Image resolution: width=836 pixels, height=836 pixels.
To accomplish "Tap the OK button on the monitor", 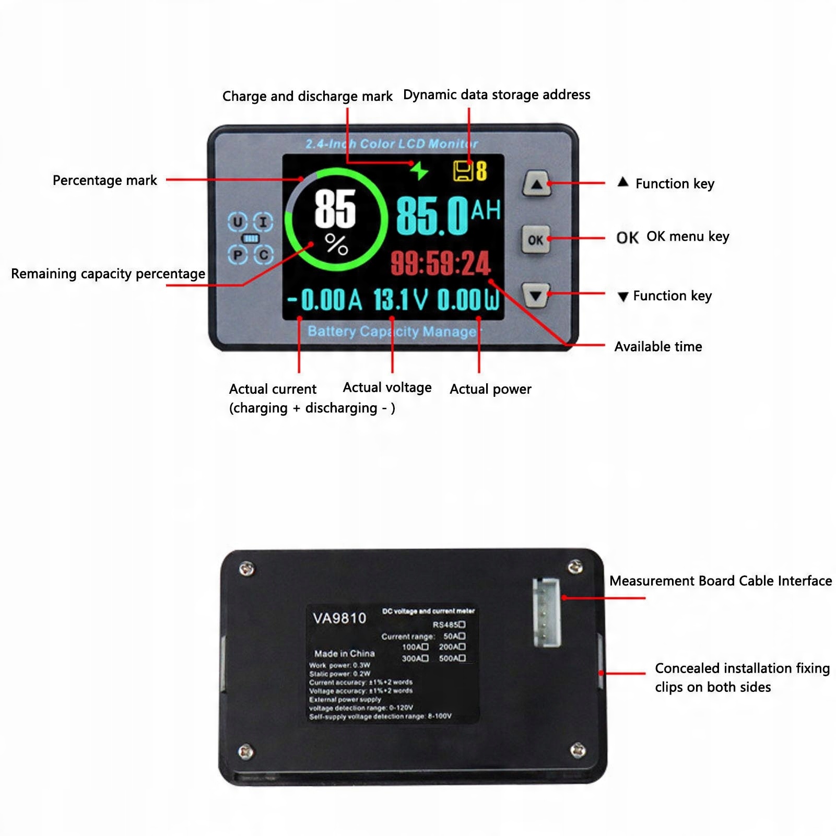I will [x=535, y=240].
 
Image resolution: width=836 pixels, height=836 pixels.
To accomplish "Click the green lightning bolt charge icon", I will [x=419, y=170].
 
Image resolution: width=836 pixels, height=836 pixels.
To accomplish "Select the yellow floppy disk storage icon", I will [x=463, y=171].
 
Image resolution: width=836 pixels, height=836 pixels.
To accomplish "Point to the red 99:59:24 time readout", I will [x=440, y=263].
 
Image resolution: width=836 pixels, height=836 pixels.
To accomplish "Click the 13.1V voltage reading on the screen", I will [x=401, y=300].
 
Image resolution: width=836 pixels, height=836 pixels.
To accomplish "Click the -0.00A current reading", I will [x=325, y=300].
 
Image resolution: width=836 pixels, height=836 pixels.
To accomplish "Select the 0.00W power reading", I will [x=468, y=300].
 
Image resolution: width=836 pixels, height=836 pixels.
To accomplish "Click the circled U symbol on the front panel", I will [x=238, y=222].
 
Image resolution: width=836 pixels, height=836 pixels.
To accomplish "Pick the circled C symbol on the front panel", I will [x=264, y=255].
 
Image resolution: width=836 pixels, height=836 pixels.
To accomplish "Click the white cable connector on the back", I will [x=546, y=612].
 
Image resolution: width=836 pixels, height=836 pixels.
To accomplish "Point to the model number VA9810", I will [x=339, y=618].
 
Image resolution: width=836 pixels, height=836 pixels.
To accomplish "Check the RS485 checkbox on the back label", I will [x=462, y=625].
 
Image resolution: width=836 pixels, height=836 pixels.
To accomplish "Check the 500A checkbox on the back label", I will [x=462, y=658].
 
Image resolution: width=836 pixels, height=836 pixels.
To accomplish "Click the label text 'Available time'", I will [x=658, y=347].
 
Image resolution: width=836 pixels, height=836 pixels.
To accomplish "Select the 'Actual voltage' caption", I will [x=387, y=387].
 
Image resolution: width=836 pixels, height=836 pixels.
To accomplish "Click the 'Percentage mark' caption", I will [x=104, y=180].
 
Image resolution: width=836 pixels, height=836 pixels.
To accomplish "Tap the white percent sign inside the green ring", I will [x=336, y=244].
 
